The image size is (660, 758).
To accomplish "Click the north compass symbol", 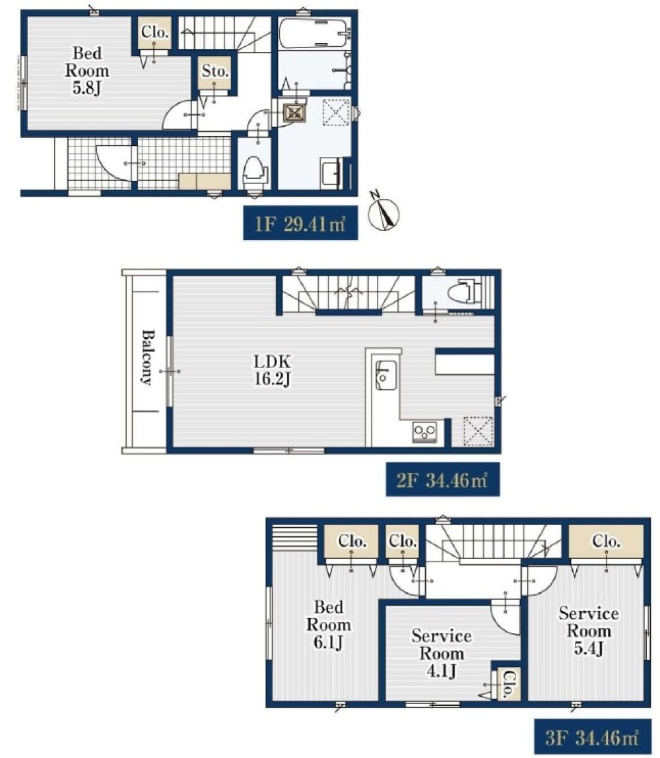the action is [384, 212].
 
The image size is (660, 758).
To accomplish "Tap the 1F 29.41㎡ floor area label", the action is [300, 223].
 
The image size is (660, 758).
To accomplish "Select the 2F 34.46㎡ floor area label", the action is [442, 479].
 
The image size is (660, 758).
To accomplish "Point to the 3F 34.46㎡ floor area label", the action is [592, 737].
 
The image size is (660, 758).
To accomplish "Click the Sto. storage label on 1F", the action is [215, 71].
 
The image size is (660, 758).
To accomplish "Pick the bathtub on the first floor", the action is [313, 34].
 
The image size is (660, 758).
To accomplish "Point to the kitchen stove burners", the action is [424, 431].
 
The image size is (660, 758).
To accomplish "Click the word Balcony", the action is [147, 358].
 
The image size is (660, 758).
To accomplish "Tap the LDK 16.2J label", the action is [272, 370].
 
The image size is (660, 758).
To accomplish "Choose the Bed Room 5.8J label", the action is [87, 71].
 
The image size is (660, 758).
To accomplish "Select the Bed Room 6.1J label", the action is [329, 625].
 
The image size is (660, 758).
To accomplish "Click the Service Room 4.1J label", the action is [442, 653].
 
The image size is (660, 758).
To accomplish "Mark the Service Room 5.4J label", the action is [589, 631].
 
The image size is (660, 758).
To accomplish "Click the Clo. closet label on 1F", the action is [154, 32].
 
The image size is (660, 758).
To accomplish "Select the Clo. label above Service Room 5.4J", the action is [607, 542].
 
